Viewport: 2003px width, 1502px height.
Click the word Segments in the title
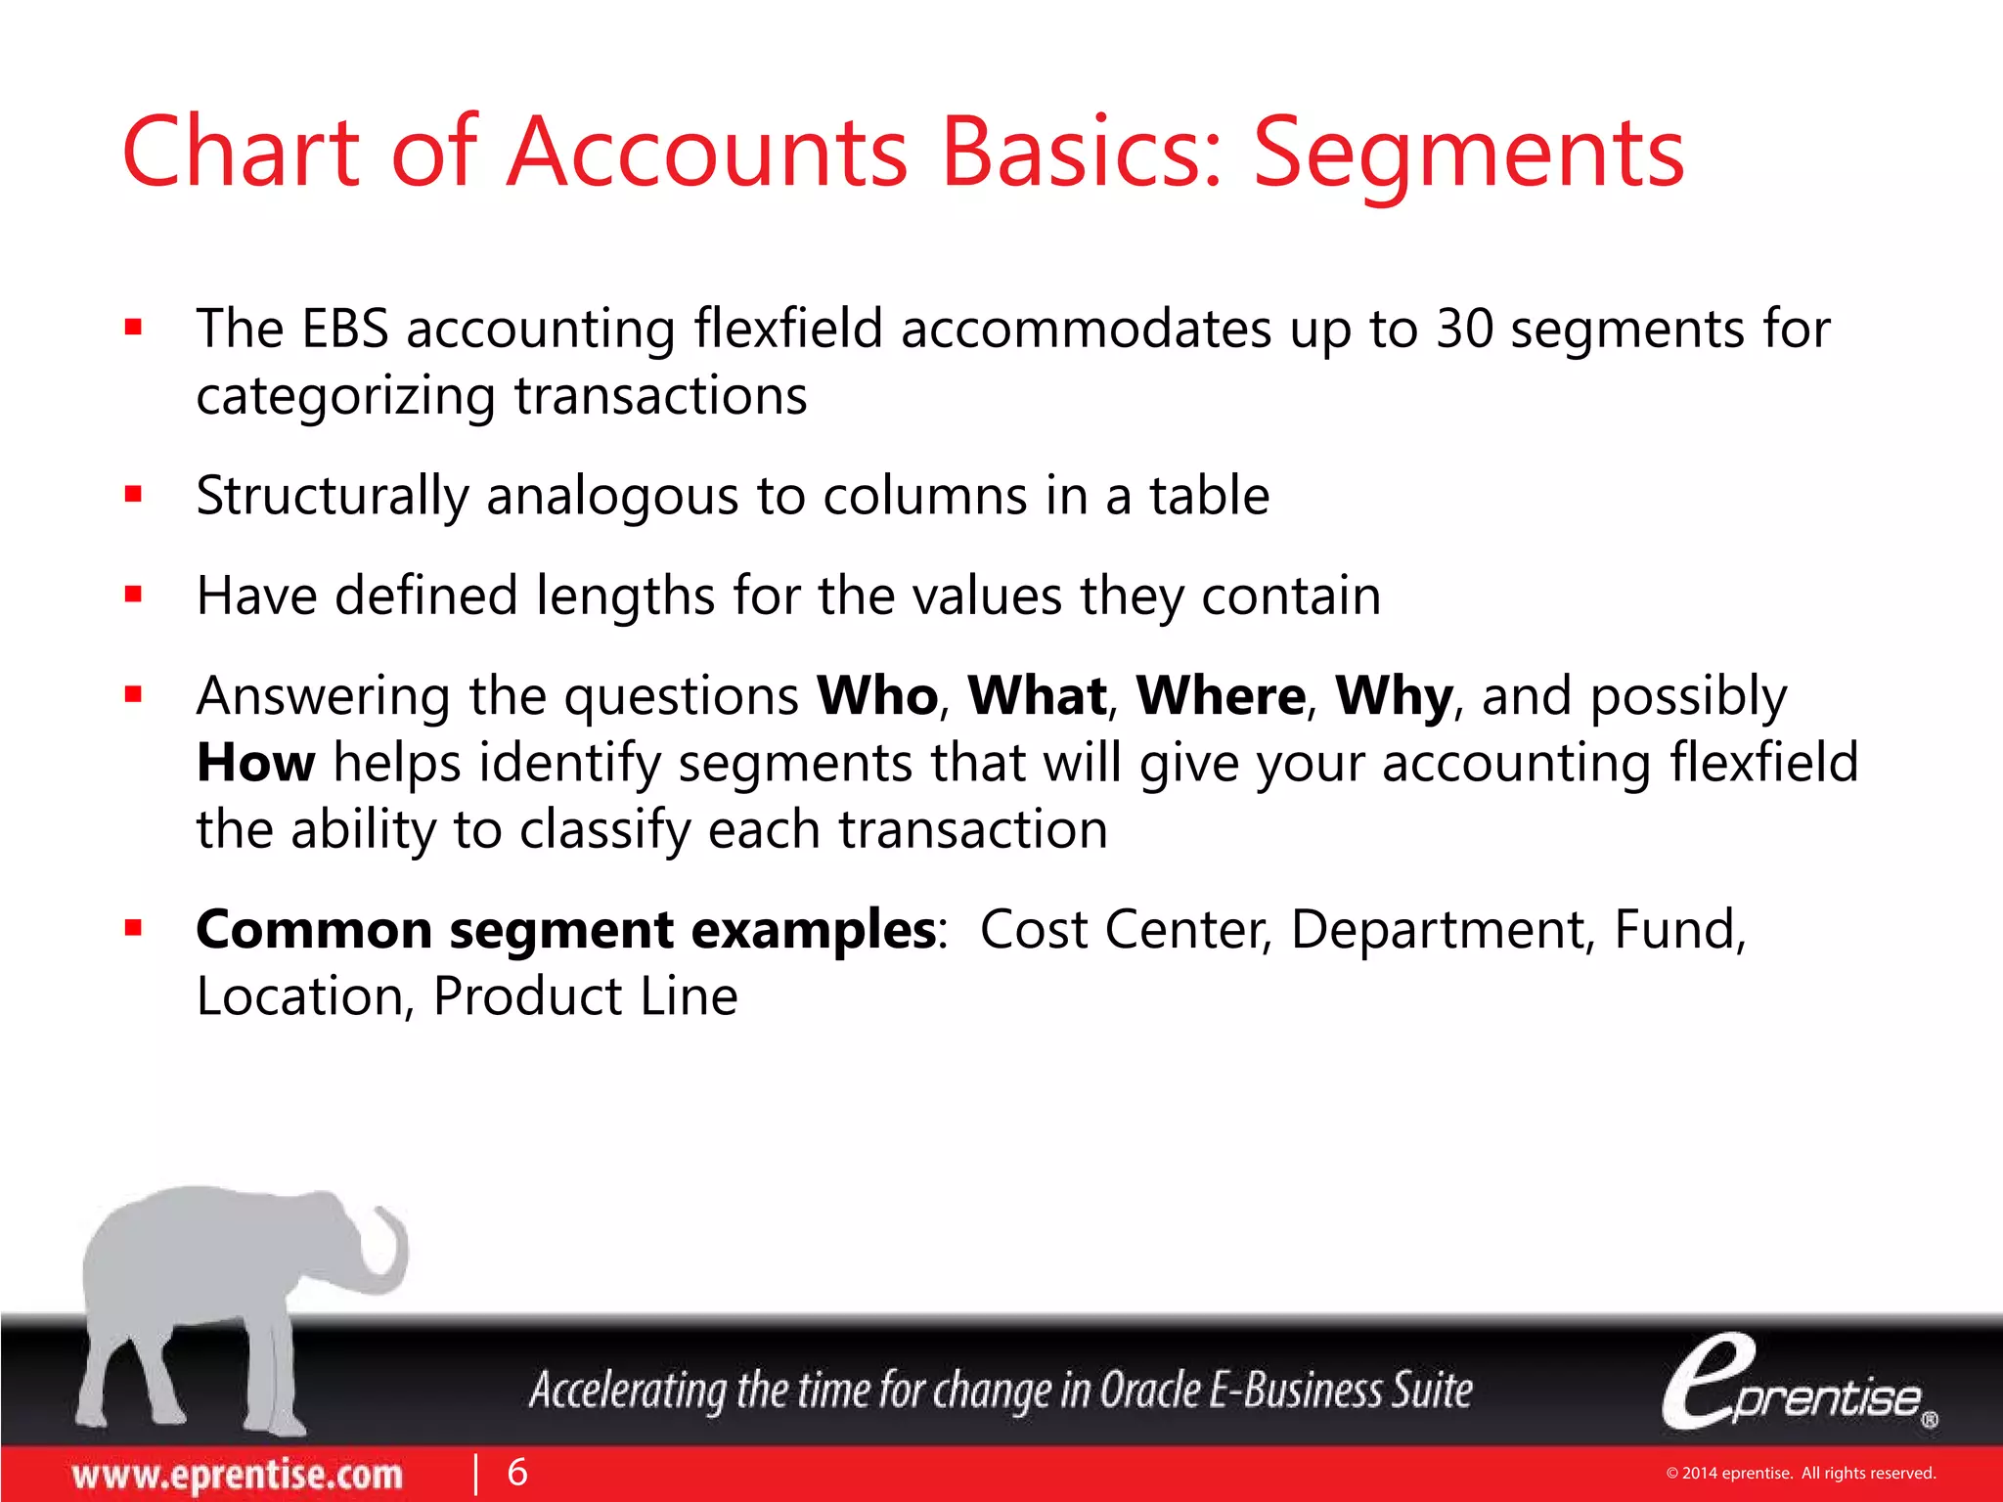point(1469,153)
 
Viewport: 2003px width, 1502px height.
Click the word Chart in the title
point(240,153)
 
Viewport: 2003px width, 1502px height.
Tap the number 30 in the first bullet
point(1464,329)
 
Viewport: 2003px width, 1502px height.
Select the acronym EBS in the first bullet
point(345,329)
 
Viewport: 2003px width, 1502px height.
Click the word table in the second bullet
point(1209,496)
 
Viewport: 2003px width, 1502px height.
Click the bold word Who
point(877,696)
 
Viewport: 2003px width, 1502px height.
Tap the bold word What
point(1038,696)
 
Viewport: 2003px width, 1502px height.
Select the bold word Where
point(1221,696)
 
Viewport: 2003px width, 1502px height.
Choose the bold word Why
point(1394,696)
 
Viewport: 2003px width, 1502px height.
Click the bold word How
point(256,763)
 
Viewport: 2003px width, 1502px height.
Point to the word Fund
point(1676,929)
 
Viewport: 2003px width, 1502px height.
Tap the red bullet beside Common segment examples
point(134,928)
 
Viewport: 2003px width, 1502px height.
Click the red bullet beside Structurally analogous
point(134,495)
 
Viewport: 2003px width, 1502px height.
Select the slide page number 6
point(517,1472)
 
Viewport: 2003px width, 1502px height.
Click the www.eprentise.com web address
point(237,1475)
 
